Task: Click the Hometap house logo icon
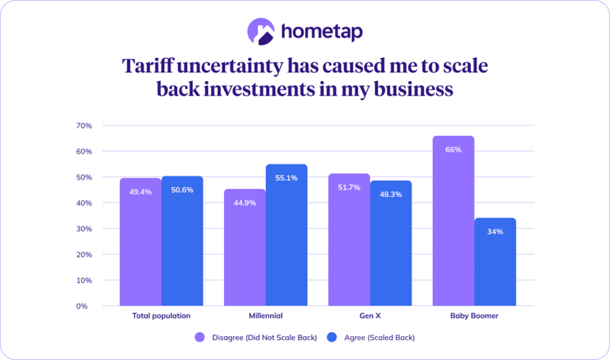point(261,32)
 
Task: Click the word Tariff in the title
point(148,65)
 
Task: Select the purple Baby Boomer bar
point(454,221)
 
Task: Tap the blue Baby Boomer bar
point(496,262)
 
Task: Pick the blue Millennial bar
point(287,235)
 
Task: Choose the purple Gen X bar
point(349,240)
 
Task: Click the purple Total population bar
point(141,242)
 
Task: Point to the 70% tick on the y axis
point(84,126)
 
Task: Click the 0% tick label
point(82,306)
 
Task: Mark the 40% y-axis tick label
point(84,203)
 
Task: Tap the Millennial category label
point(266,315)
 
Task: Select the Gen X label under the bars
point(370,315)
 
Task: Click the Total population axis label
point(161,315)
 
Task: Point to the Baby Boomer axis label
point(474,315)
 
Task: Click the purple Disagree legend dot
point(199,338)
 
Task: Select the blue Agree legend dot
point(332,338)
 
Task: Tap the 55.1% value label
point(287,178)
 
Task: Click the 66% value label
point(454,150)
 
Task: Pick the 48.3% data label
point(391,195)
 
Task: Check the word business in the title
point(414,89)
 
